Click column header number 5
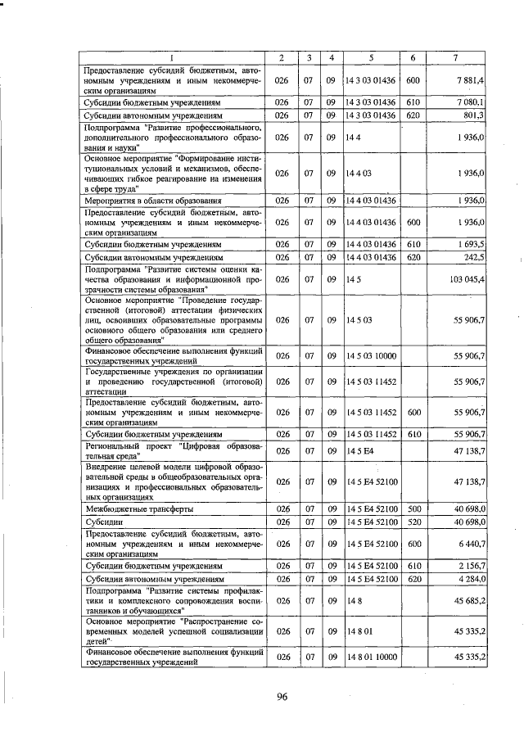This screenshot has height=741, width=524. click(x=371, y=57)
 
